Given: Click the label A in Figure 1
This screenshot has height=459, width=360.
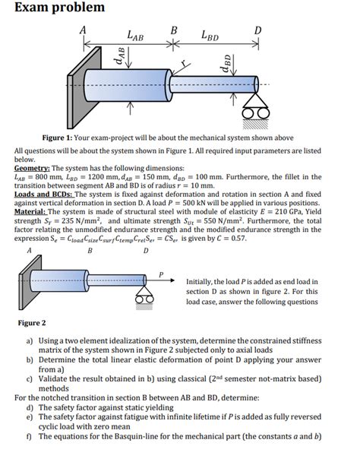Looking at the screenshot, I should coord(84,29).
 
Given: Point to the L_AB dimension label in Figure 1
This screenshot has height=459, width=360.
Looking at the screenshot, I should coord(135,34).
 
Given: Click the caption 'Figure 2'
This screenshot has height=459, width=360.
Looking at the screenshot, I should coord(32,323).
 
